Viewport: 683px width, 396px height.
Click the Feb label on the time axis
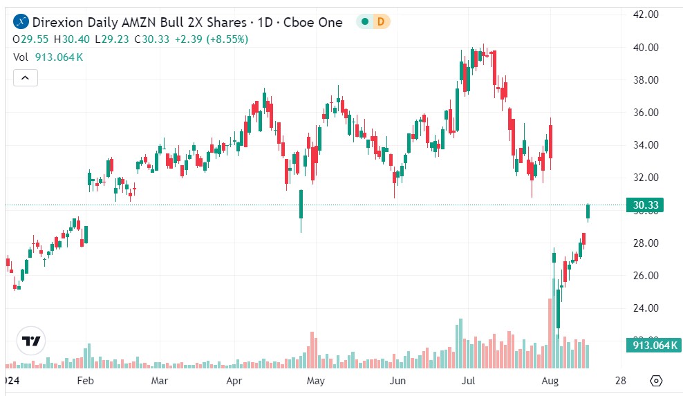[x=84, y=381]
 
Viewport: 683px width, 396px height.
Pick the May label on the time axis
[x=316, y=381]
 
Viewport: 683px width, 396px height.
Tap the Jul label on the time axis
[x=469, y=381]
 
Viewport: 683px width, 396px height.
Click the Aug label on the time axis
[x=550, y=381]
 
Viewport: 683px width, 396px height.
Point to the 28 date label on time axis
[x=621, y=381]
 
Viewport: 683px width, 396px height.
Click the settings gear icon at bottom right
[x=656, y=381]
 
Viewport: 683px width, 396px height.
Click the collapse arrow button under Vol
[x=26, y=77]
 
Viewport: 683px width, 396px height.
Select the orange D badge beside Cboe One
[x=380, y=22]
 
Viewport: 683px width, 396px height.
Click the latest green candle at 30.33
[x=588, y=213]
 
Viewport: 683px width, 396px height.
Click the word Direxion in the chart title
[x=61, y=22]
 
